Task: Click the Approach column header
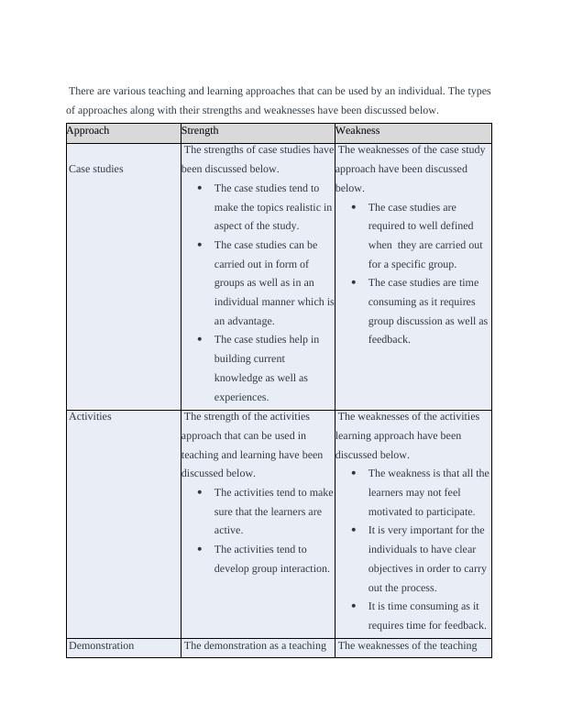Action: tap(87, 131)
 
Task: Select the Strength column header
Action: tap(200, 131)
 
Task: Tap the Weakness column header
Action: tap(357, 131)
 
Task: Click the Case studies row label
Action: tap(95, 169)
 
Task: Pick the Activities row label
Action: tap(90, 416)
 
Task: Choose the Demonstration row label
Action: tap(101, 645)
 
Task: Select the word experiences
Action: tap(241, 398)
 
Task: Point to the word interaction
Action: tap(299, 569)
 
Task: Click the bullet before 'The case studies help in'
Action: tap(200, 340)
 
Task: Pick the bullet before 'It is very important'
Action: tap(355, 531)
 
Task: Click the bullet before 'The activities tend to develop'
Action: tap(200, 550)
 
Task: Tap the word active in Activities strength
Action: tap(228, 531)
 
